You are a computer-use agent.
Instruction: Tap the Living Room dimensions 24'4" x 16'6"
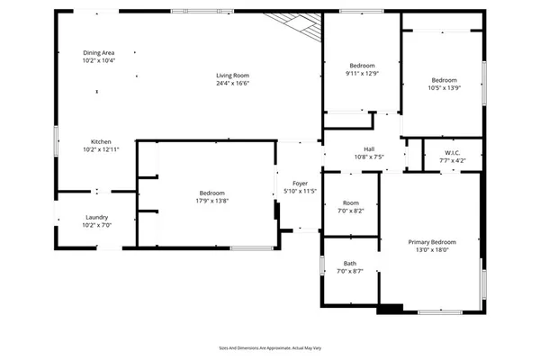pyautogui.click(x=231, y=83)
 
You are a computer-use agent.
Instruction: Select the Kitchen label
pyautogui.click(x=101, y=142)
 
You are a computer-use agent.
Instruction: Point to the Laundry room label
pyautogui.click(x=97, y=218)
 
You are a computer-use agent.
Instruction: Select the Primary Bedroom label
pyautogui.click(x=431, y=242)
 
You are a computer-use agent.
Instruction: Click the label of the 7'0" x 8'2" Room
pyautogui.click(x=350, y=202)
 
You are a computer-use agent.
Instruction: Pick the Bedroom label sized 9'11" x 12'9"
pyautogui.click(x=362, y=66)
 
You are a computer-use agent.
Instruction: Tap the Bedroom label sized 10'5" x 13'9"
pyautogui.click(x=444, y=79)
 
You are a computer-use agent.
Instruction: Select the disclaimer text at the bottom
pyautogui.click(x=270, y=346)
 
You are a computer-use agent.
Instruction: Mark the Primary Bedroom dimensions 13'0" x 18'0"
pyautogui.click(x=431, y=250)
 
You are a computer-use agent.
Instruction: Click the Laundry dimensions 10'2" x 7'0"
pyautogui.click(x=97, y=226)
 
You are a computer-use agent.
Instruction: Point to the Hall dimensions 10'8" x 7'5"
pyautogui.click(x=368, y=158)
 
